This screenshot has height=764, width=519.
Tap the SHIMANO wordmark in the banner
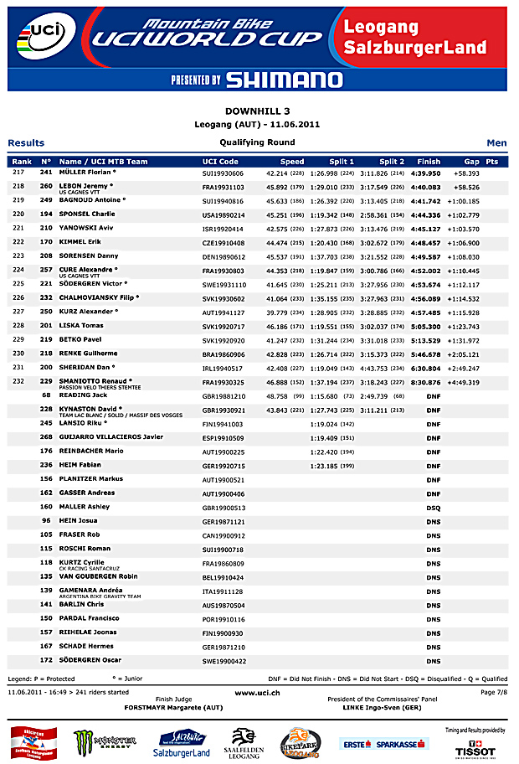(285, 80)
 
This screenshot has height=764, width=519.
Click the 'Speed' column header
(292, 162)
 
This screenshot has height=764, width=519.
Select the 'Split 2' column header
(391, 162)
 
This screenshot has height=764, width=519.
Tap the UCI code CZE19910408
(224, 243)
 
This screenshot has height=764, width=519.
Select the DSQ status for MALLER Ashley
(433, 507)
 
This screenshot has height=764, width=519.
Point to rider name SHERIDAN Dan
(86, 367)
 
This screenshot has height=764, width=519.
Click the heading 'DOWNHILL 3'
(259, 111)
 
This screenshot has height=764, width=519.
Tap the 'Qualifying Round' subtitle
(258, 142)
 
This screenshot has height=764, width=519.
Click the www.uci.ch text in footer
(258, 693)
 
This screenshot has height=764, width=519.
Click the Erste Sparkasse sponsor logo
(384, 743)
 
